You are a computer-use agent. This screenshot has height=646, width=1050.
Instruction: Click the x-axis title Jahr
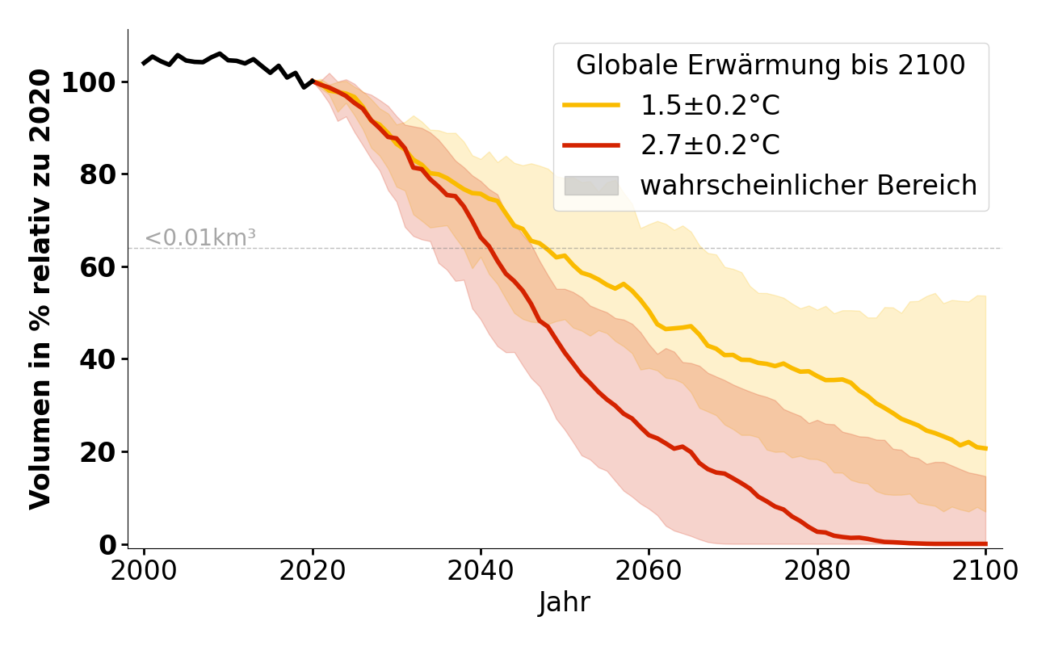[x=565, y=602]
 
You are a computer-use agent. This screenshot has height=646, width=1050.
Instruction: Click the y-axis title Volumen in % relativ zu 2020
[x=40, y=289]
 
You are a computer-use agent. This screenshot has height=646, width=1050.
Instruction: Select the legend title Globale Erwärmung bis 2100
[x=771, y=65]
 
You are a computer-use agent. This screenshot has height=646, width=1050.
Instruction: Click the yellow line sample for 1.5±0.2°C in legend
[x=591, y=105]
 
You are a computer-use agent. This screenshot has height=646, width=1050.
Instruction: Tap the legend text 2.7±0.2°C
[x=710, y=145]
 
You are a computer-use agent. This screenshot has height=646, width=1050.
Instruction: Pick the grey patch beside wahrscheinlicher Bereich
[x=591, y=186]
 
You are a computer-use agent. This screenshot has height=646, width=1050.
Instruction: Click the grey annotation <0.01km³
[x=200, y=238]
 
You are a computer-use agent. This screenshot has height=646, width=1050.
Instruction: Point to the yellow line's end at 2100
[x=985, y=448]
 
